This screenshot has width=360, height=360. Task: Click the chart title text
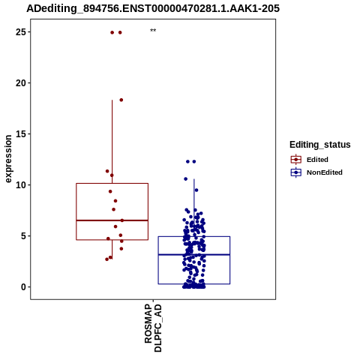pos(153,8)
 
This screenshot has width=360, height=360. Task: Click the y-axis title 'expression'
pos(8,159)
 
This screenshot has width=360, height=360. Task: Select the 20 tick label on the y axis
pos(20,83)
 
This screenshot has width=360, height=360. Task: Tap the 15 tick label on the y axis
pos(20,134)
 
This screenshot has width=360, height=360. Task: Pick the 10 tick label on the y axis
pos(20,185)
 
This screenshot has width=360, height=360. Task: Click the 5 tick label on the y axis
pos(23,236)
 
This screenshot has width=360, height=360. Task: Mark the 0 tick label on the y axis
pos(23,287)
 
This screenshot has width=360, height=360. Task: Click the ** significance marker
pos(153,31)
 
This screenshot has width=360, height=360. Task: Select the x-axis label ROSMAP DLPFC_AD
pos(153,328)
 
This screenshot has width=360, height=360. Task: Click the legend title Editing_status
pos(320,145)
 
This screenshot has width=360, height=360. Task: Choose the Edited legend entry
pos(310,160)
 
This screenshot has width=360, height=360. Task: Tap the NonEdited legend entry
pos(316,172)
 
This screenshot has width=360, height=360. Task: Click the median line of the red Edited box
pos(112,220)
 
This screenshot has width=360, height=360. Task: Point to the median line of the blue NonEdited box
pos(194,254)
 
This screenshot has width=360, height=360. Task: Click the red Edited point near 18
pos(121,100)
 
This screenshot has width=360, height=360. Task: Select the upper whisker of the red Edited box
pos(112,142)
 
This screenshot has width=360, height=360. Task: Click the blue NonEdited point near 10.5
pos(185,178)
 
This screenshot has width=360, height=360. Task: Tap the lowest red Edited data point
pos(106,259)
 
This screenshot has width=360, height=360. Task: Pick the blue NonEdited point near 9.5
pos(196,190)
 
